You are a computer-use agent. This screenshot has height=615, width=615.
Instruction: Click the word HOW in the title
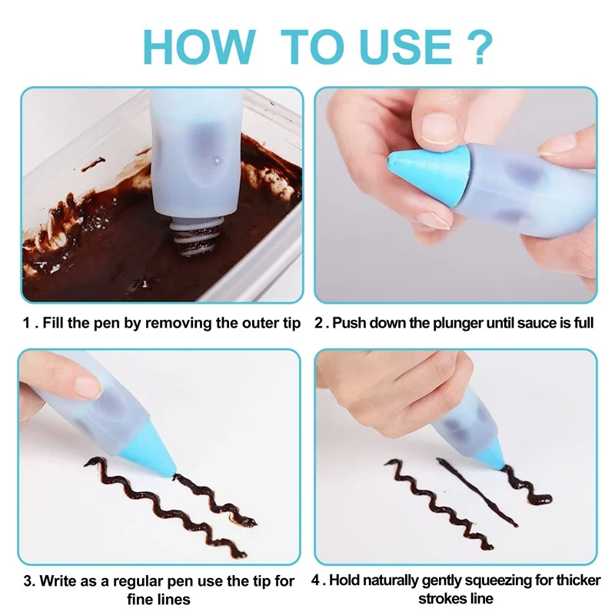tap(200, 47)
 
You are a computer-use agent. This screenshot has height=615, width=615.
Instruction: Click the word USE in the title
tap(405, 47)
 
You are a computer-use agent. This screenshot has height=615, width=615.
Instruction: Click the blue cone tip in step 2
tap(428, 169)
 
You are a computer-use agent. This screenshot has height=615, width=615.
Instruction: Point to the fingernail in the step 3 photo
tap(88, 387)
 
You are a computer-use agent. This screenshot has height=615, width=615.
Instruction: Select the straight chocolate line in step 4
tap(477, 493)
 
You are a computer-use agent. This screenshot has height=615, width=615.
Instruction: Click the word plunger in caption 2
tap(457, 323)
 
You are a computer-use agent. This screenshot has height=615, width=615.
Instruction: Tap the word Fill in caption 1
tap(53, 323)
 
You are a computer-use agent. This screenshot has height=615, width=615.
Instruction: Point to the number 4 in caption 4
tap(316, 580)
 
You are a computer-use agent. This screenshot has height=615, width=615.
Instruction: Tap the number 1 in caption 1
tap(26, 323)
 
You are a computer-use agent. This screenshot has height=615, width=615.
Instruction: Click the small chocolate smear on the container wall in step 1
tap(93, 164)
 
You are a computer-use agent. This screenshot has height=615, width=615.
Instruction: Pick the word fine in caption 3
tap(141, 600)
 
